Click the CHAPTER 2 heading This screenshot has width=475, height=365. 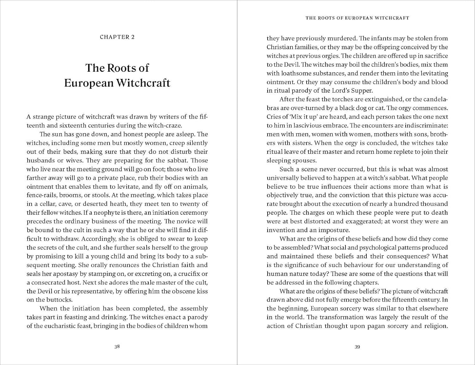pos(117,37)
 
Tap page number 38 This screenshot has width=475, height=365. pos(117,347)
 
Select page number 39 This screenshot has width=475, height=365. pos(357,347)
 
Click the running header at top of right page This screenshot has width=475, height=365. pos(357,18)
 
